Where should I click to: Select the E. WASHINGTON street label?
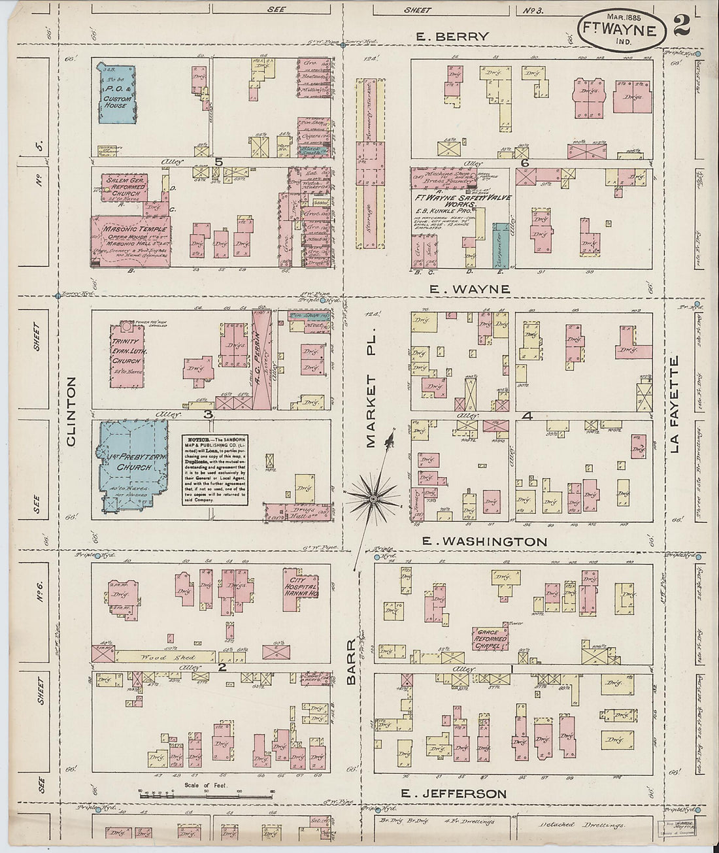click(484, 541)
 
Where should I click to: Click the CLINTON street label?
click(71, 412)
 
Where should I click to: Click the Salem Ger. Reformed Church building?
click(124, 187)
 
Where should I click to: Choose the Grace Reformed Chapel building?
click(490, 639)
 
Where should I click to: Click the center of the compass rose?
click(373, 499)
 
